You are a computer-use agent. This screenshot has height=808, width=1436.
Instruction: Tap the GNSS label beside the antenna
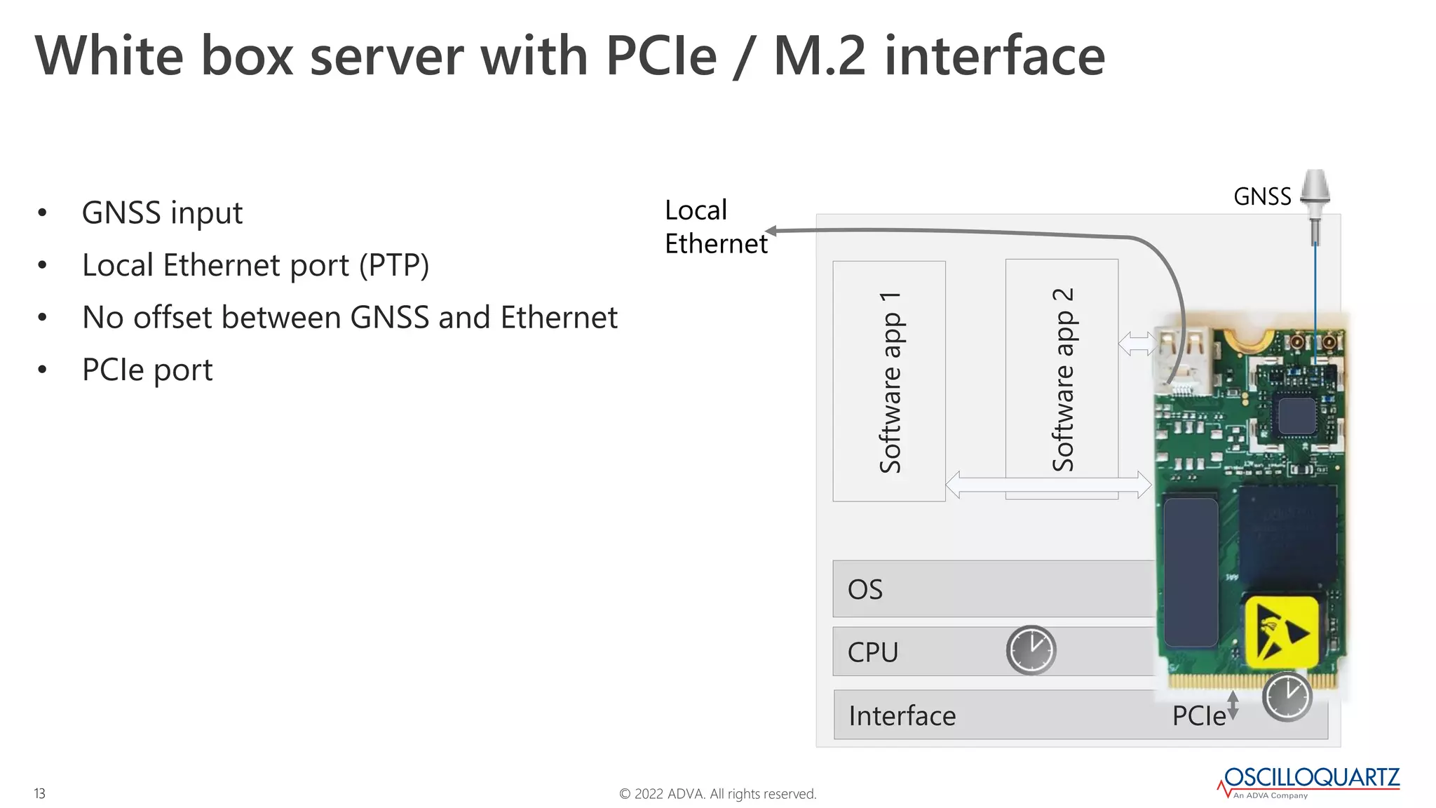click(x=1262, y=197)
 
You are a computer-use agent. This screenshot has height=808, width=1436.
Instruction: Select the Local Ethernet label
click(x=715, y=227)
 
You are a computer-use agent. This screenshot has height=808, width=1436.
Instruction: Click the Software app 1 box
click(x=889, y=381)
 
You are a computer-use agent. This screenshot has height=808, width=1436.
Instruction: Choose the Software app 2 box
click(x=1062, y=379)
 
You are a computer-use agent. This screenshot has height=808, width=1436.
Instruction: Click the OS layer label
click(x=865, y=589)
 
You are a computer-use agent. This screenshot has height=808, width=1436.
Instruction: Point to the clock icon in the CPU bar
click(x=1031, y=650)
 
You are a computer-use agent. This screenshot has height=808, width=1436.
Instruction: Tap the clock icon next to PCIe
click(x=1287, y=696)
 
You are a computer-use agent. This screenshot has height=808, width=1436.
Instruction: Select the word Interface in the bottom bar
click(x=902, y=716)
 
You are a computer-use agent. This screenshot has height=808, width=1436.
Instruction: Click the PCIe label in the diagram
click(x=1199, y=716)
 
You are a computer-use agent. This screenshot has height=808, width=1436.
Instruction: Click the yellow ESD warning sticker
click(x=1281, y=631)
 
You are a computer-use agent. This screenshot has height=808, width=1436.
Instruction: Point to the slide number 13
click(x=40, y=793)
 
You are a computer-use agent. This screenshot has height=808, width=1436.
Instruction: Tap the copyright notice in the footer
click(x=717, y=794)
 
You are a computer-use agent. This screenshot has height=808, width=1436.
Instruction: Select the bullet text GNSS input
click(x=162, y=213)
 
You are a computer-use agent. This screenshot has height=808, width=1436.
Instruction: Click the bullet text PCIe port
click(x=147, y=370)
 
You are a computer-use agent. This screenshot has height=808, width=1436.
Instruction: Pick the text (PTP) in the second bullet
click(x=394, y=265)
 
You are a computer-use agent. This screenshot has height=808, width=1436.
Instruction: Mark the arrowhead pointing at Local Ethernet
click(x=771, y=231)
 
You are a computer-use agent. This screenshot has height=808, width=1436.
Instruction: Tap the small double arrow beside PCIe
click(x=1233, y=705)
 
